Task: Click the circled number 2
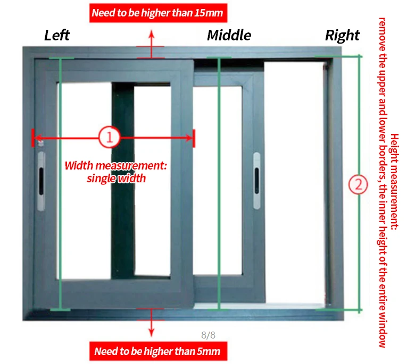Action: (358, 184)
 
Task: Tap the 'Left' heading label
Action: (57, 35)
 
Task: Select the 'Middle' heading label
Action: (229, 35)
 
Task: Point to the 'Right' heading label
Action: (342, 36)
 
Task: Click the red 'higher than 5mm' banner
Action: (157, 351)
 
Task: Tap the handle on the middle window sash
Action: (256, 180)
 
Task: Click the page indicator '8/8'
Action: (208, 335)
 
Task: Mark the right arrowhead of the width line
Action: (190, 138)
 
